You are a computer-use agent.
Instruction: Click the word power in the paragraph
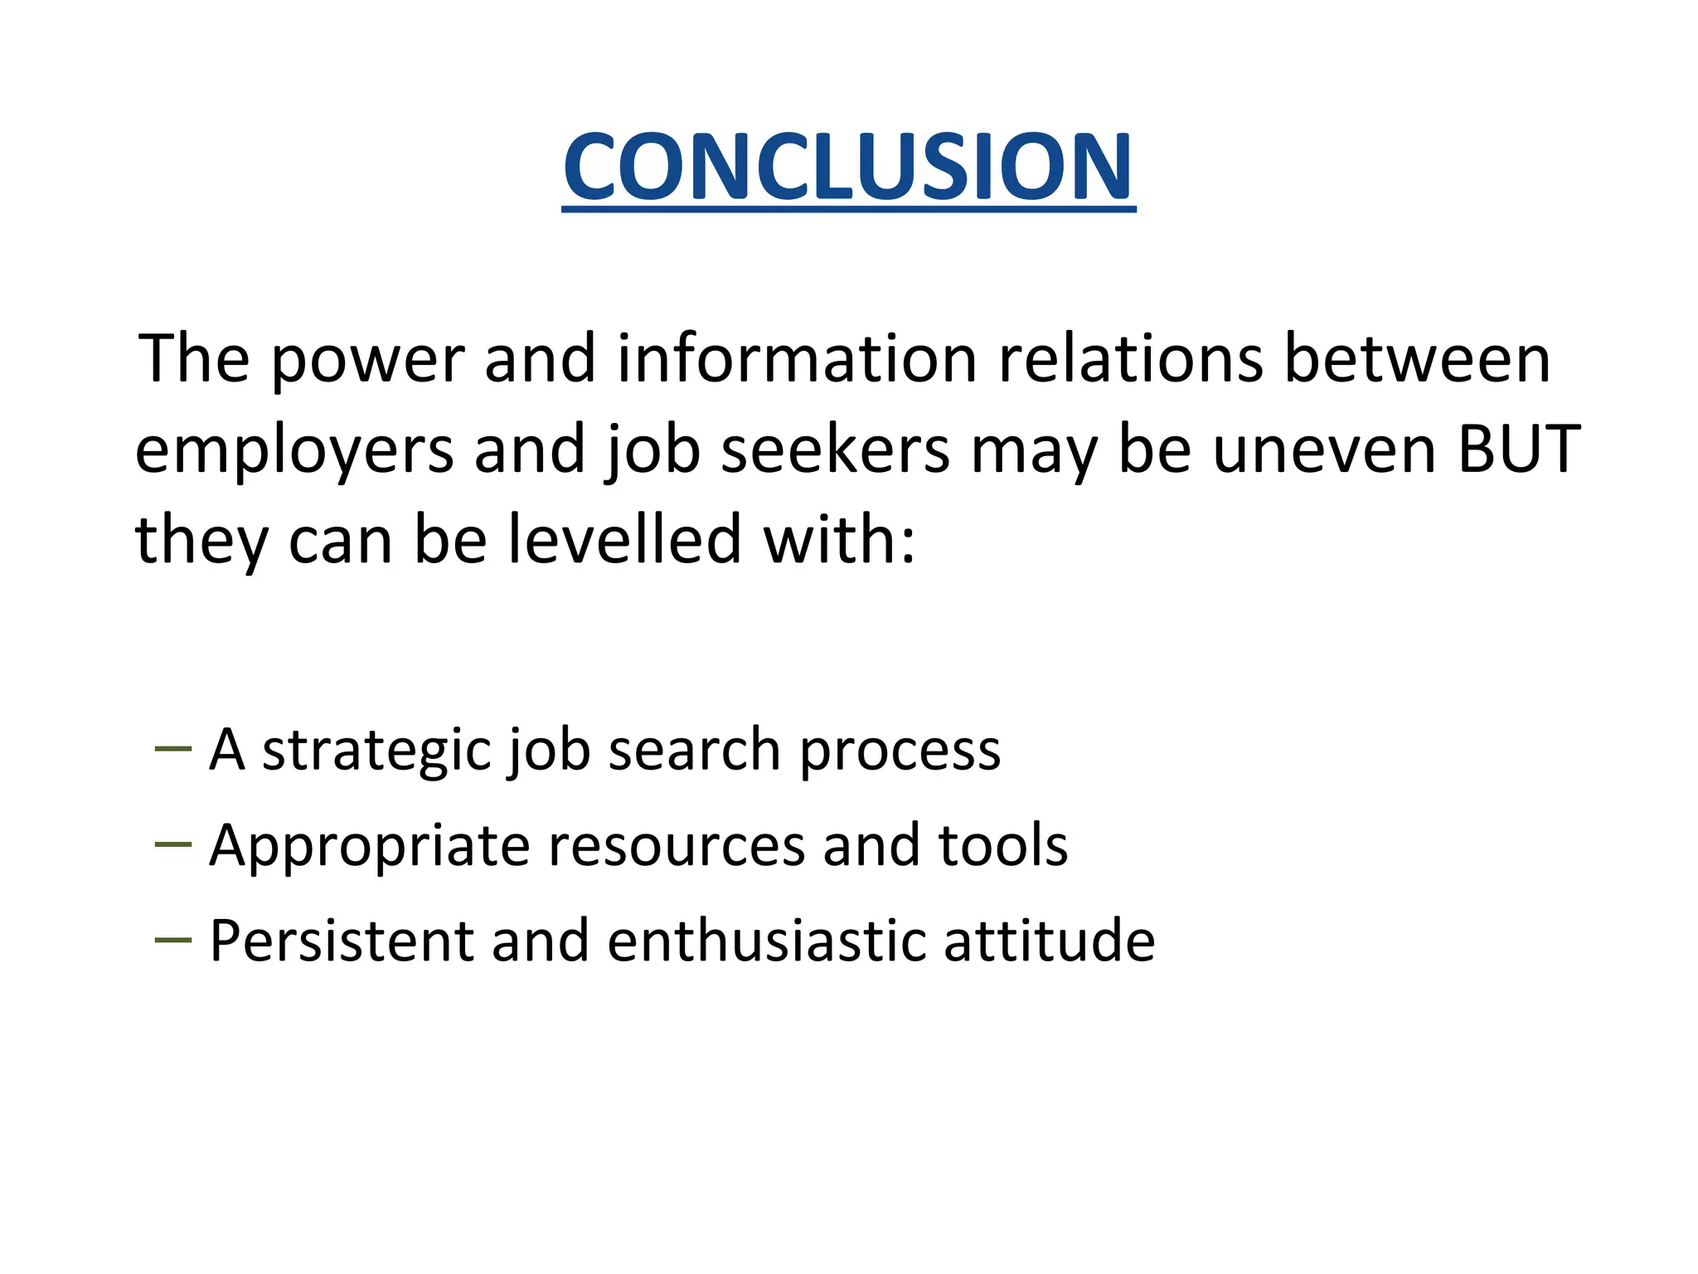(366, 360)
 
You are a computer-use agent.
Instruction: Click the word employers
(294, 450)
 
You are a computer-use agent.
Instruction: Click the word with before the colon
(837, 539)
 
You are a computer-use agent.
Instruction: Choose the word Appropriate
(369, 847)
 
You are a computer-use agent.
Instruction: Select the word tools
(1002, 847)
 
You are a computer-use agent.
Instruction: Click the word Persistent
(341, 941)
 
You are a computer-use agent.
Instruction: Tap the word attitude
(1049, 941)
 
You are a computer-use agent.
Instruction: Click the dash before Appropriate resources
(172, 844)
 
